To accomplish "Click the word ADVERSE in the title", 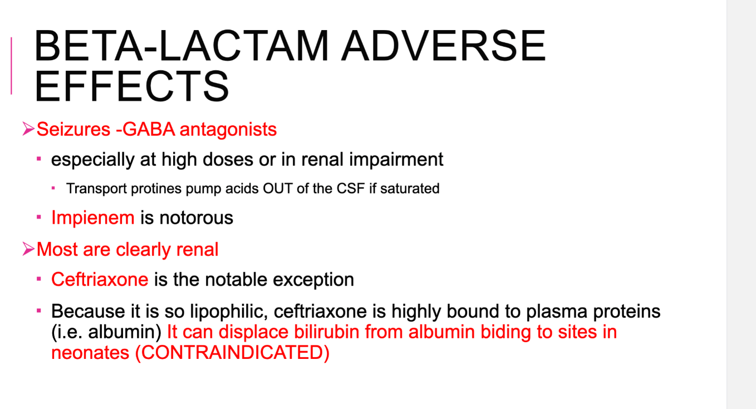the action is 443,46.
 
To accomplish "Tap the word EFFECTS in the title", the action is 131,86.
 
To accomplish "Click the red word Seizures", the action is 73,129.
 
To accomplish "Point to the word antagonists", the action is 228,129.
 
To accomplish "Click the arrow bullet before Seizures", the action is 28,129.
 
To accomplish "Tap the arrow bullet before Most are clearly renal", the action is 28,249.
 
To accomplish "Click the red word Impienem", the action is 93,218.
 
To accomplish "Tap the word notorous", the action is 196,218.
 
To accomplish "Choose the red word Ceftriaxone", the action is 100,279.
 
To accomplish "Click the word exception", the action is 313,280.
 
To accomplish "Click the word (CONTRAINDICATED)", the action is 232,353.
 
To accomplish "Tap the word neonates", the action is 90,353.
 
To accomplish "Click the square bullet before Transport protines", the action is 53,188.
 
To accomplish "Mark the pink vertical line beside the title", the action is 12,66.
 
